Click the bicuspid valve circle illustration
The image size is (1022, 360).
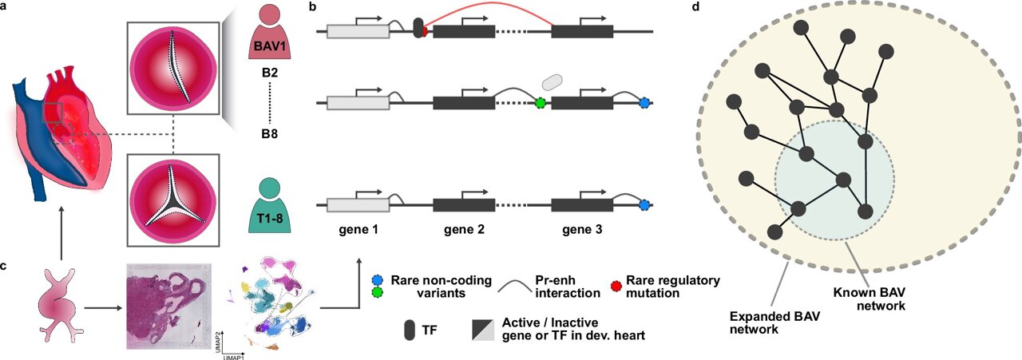click(x=174, y=67)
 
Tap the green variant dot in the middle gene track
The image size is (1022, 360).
click(x=541, y=103)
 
